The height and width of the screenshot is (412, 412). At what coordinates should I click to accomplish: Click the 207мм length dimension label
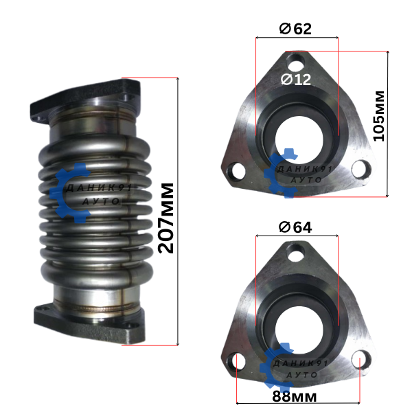[x=166, y=218]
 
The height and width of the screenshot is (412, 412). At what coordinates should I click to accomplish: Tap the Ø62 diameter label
[x=295, y=29]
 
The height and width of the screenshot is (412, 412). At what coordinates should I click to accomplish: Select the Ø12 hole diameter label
[x=296, y=79]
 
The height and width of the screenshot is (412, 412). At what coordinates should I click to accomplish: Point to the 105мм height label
[x=379, y=116]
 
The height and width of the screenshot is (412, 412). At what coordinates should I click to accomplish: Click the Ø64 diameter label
[x=295, y=227]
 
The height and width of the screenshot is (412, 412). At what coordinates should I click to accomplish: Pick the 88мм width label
[x=295, y=396]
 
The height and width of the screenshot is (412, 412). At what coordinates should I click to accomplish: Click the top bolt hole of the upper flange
[x=296, y=62]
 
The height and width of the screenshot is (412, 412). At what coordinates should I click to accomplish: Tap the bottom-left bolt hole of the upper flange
[x=237, y=172]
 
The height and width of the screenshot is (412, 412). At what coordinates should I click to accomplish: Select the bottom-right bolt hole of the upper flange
[x=361, y=170]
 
